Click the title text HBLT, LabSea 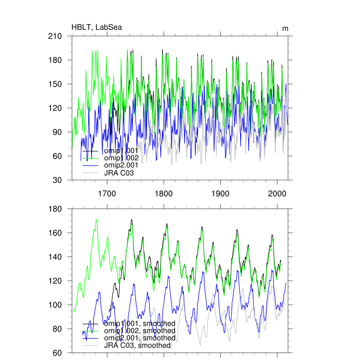pyautogui.click(x=97, y=27)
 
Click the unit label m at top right pyautogui.click(x=285, y=28)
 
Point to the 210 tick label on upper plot pyautogui.click(x=55, y=36)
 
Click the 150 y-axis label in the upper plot pyautogui.click(x=55, y=84)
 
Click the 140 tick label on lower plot pyautogui.click(x=55, y=257)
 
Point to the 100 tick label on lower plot pyautogui.click(x=55, y=305)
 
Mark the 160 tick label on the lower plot pyautogui.click(x=55, y=233)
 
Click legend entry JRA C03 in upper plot pyautogui.click(x=119, y=173)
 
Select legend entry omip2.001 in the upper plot pyautogui.click(x=121, y=166)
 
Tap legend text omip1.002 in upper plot pyautogui.click(x=121, y=158)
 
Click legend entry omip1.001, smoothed pyautogui.click(x=139, y=323)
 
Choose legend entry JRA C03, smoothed pyautogui.click(x=137, y=346)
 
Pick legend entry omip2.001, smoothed pyautogui.click(x=139, y=338)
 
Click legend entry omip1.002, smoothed pyautogui.click(x=139, y=331)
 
